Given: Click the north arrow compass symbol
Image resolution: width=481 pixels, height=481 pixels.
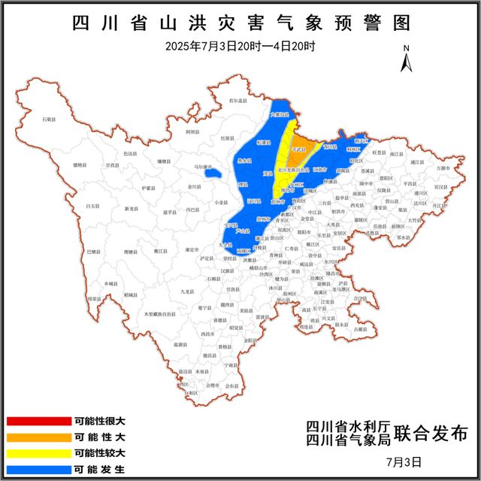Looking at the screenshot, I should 406,58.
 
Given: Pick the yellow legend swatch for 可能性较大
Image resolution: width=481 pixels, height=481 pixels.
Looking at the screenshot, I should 38,454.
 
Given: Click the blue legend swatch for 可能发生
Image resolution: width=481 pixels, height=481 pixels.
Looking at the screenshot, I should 38,470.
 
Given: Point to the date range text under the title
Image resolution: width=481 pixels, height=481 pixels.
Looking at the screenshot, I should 240,46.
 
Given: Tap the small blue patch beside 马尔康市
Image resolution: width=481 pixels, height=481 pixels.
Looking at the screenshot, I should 213,174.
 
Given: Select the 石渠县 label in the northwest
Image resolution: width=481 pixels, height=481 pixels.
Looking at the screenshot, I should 50,119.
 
